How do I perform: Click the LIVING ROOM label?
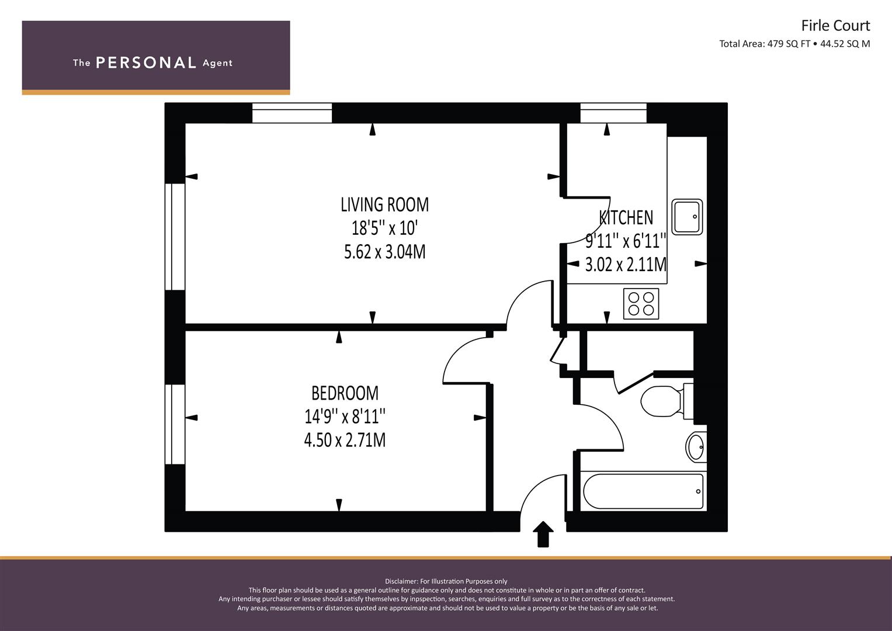click(x=385, y=204)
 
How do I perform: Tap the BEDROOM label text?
click(x=345, y=393)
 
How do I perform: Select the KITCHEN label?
click(x=626, y=217)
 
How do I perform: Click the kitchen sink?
click(x=687, y=217)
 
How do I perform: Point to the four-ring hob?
click(x=641, y=304)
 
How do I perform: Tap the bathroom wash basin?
click(x=696, y=446)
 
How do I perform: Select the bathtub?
click(x=643, y=491)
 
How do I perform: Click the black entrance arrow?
click(x=543, y=534)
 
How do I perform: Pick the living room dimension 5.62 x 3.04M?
click(x=385, y=252)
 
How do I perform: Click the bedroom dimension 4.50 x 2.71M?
click(x=345, y=440)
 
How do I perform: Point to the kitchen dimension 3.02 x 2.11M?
click(x=626, y=265)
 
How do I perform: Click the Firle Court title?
click(x=835, y=26)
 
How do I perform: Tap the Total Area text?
click(x=794, y=44)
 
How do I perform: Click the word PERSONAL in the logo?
click(x=146, y=63)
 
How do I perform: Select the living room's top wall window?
click(x=292, y=113)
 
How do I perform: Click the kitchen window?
click(x=613, y=113)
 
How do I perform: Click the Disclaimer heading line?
click(x=446, y=581)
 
